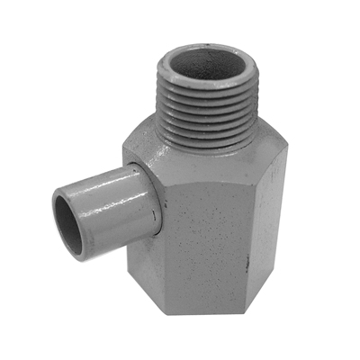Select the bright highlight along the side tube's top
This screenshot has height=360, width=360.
(99, 180)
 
